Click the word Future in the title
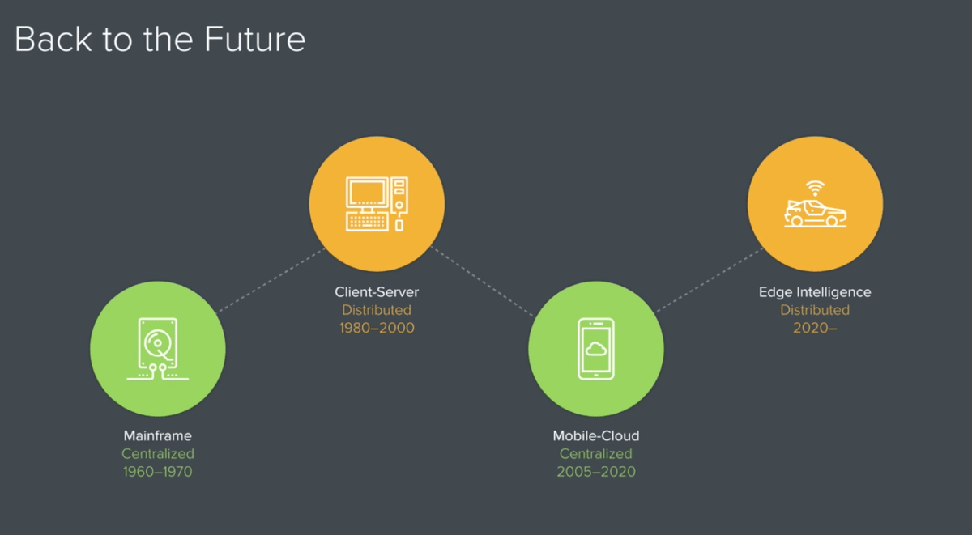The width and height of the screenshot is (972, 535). click(254, 40)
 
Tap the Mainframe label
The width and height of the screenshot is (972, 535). click(157, 435)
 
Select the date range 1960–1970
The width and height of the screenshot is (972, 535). click(157, 472)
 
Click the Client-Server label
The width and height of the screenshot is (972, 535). click(377, 291)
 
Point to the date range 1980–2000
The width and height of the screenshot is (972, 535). click(377, 328)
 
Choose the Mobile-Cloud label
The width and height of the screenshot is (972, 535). click(596, 435)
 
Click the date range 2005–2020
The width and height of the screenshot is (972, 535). click(596, 472)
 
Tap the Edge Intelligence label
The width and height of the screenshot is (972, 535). click(815, 292)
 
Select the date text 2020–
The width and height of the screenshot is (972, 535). click(815, 328)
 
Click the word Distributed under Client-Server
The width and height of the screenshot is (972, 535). click(377, 310)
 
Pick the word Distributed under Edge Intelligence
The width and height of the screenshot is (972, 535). click(815, 310)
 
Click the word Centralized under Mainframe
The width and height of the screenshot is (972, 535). click(157, 454)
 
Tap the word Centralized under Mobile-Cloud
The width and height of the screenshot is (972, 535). click(596, 454)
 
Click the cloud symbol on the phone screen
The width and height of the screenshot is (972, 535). click(596, 349)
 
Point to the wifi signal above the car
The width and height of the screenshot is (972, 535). click(815, 188)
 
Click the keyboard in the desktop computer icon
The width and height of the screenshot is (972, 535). click(367, 222)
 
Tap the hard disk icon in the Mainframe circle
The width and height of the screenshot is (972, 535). click(157, 349)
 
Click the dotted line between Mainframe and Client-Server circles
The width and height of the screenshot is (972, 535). click(271, 280)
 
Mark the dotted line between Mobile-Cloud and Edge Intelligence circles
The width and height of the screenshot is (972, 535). click(710, 279)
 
